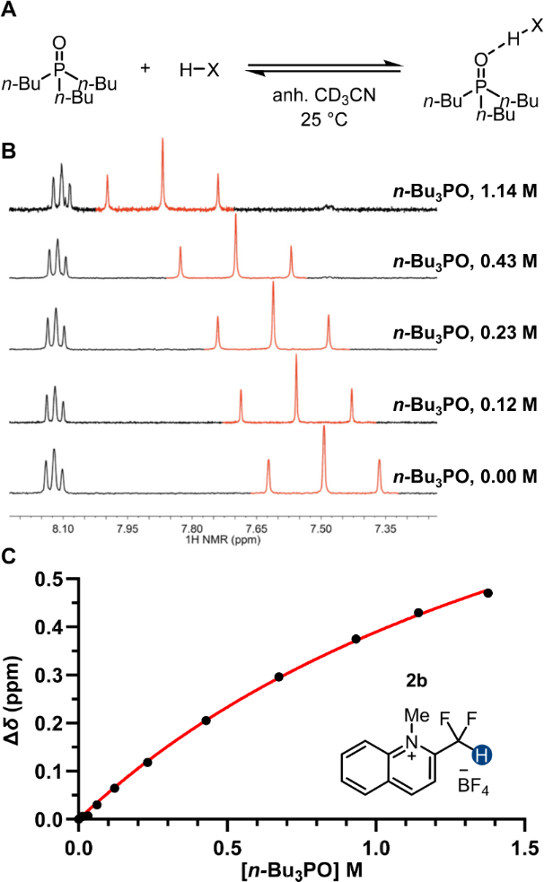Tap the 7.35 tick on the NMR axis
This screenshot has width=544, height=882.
click(x=386, y=530)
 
